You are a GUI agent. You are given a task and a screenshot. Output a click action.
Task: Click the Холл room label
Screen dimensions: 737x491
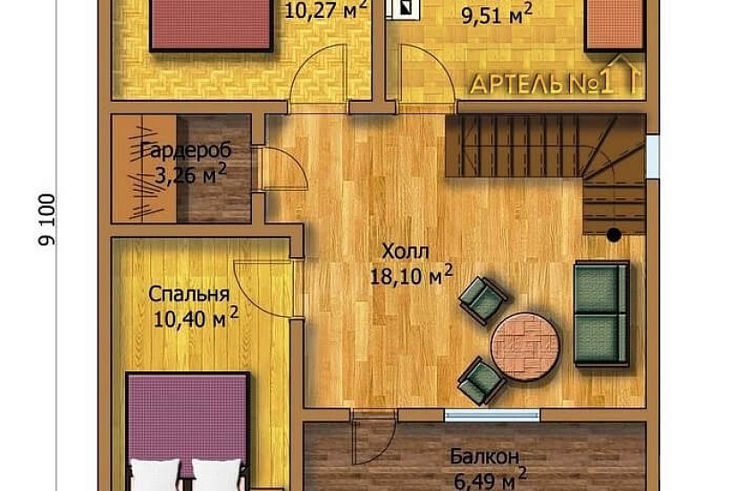pyautogui.click(x=406, y=252)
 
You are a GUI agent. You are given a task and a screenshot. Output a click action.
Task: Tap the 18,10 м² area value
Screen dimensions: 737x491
pyautogui.click(x=412, y=275)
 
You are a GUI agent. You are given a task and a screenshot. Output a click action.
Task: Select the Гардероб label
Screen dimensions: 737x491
pyautogui.click(x=186, y=151)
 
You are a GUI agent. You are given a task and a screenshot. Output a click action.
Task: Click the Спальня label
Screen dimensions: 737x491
pyautogui.click(x=189, y=295)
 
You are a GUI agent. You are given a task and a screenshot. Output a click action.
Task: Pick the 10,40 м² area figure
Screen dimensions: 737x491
pyautogui.click(x=196, y=319)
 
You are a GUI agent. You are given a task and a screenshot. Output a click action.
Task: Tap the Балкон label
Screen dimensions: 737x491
pyautogui.click(x=484, y=456)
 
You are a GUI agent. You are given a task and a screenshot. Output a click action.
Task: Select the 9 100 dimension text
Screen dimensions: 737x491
pyautogui.click(x=47, y=220)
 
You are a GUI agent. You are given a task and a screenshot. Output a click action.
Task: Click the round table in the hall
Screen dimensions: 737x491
pyautogui.click(x=525, y=346)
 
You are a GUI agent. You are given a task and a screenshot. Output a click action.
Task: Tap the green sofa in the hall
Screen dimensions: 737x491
pyautogui.click(x=601, y=314)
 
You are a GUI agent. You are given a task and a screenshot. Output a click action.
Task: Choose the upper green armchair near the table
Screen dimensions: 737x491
pyautogui.click(x=483, y=300)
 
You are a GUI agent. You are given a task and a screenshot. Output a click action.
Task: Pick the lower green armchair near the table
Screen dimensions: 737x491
pyautogui.click(x=482, y=381)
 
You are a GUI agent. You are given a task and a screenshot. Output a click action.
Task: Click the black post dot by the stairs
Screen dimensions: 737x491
pyautogui.click(x=614, y=235)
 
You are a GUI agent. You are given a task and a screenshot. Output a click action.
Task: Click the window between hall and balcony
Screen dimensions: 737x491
pyautogui.click(x=492, y=415)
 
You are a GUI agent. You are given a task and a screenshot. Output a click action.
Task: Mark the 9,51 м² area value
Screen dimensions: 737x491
pyautogui.click(x=497, y=15)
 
